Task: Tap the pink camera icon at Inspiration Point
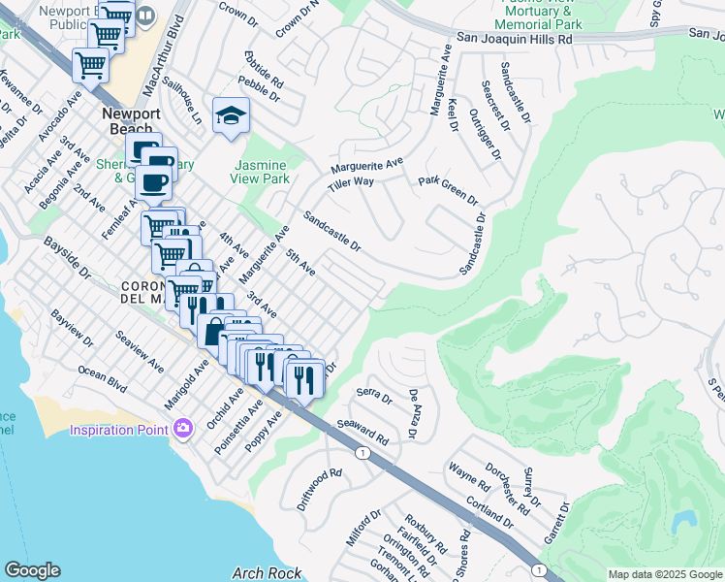tap(183, 428)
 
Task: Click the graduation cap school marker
tap(231, 118)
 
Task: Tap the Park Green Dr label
tap(448, 191)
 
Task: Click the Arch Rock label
tap(261, 572)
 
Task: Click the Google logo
tap(32, 570)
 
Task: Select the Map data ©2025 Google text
tap(664, 574)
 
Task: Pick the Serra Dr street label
tap(373, 396)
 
